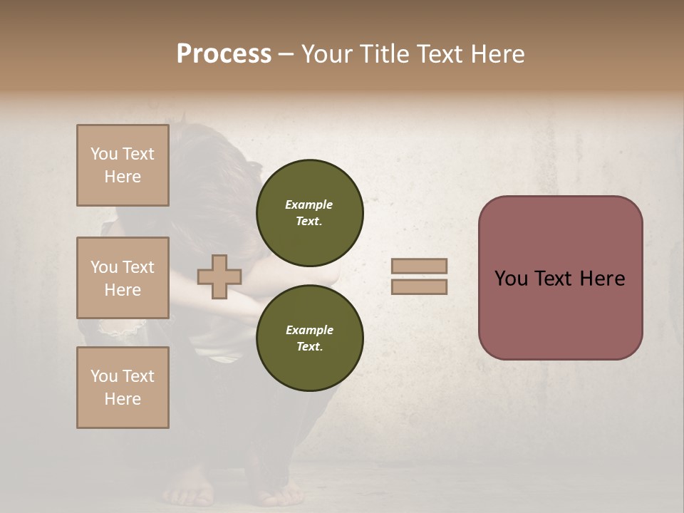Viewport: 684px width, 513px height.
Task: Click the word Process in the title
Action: point(224,54)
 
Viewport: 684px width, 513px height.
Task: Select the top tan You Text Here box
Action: point(123,165)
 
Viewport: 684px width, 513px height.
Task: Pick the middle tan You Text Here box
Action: point(123,278)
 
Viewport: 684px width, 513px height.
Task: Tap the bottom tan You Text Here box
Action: point(123,388)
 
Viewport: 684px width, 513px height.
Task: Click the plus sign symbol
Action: point(219,277)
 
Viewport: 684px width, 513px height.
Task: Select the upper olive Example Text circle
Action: point(309,213)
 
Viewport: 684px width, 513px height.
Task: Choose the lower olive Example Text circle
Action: point(309,338)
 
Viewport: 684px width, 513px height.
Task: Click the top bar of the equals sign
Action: point(419,266)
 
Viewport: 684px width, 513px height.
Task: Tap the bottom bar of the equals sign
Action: point(419,287)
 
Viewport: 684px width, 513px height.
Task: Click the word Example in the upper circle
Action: point(309,204)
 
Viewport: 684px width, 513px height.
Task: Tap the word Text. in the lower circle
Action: point(309,346)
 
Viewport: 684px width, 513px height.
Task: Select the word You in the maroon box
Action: point(512,279)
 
